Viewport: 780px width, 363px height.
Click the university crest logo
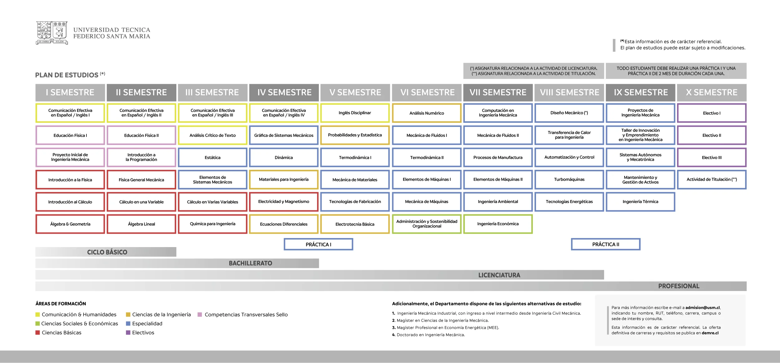[x=52, y=33]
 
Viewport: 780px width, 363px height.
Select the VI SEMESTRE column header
[x=427, y=93]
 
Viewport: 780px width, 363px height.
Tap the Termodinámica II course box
[x=427, y=158]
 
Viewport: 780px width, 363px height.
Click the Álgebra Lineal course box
[x=141, y=224]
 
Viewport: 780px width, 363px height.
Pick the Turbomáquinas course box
[x=569, y=179]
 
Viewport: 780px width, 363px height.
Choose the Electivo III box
[x=712, y=158]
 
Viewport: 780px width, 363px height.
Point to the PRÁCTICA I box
[x=318, y=244]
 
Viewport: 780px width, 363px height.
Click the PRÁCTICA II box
[x=606, y=244]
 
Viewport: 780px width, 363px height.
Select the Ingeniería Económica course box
[x=498, y=224]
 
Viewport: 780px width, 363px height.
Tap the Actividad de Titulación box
[x=712, y=179]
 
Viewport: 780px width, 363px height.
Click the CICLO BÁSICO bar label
[x=107, y=252]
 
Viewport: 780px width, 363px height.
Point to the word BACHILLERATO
[x=251, y=263]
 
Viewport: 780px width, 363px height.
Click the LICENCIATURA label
[x=499, y=275]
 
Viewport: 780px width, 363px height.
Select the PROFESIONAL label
[x=679, y=286]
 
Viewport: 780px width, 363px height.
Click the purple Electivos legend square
[x=128, y=332]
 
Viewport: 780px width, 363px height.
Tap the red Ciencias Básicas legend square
[x=37, y=332]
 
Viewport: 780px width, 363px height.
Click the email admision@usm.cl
[x=703, y=308]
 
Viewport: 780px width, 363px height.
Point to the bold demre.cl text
[x=710, y=333]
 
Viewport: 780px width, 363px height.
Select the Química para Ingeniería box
[x=212, y=224]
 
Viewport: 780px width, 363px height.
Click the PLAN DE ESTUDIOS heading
[x=67, y=75]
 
